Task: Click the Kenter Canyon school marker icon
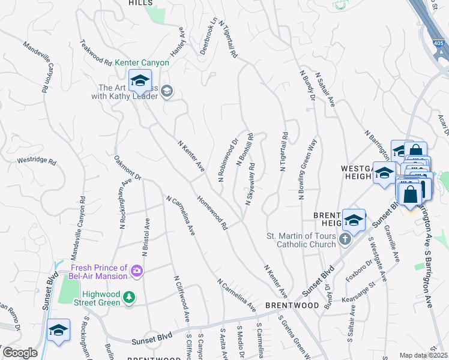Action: [140, 80]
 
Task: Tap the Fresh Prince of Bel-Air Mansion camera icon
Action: [137, 272]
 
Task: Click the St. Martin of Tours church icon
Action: [345, 240]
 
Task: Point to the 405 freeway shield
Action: [440, 44]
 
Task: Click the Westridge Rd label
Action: [36, 161]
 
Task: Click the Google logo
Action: [20, 352]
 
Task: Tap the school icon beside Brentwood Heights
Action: [354, 220]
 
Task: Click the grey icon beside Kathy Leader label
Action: [167, 91]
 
